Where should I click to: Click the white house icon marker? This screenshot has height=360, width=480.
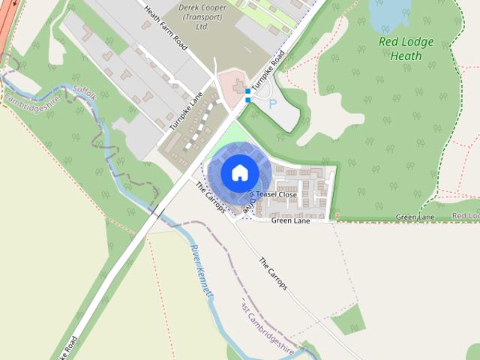click(239, 172)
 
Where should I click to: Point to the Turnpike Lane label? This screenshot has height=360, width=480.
click(186, 111)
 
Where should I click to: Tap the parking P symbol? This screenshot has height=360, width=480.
click(272, 104)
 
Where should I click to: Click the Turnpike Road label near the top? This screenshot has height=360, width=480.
click(269, 75)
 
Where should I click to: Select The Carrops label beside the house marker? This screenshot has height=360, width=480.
click(210, 196)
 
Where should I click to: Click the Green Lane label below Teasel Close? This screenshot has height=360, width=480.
click(290, 220)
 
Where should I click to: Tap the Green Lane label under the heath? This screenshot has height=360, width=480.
click(415, 217)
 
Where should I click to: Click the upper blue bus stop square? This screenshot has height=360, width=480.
click(247, 91)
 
